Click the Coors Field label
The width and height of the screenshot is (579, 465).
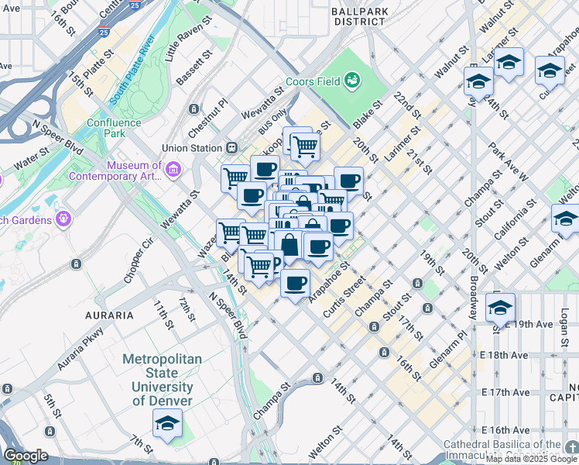(313, 80)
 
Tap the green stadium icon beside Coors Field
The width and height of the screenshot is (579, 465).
(352, 79)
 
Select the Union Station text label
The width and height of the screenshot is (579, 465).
(191, 148)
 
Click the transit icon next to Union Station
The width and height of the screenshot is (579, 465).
(231, 148)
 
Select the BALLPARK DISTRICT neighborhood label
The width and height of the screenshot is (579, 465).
(358, 16)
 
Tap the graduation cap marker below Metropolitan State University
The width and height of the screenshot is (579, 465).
(166, 424)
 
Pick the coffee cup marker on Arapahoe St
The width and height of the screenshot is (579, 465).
(295, 284)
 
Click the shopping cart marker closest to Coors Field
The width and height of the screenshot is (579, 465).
(306, 145)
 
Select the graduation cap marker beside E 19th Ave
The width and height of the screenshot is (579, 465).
(500, 308)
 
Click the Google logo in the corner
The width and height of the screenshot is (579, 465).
(25, 456)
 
